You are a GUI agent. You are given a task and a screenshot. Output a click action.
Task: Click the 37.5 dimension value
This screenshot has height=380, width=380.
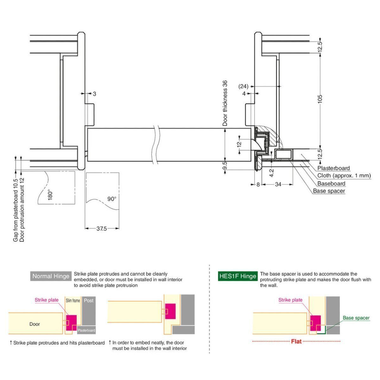click(102, 229)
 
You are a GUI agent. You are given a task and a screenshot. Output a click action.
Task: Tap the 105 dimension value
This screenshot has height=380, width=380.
click(320, 98)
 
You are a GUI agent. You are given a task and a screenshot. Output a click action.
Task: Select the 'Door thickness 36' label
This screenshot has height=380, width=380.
click(225, 103)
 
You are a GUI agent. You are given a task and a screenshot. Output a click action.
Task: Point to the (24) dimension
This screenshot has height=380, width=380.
click(243, 86)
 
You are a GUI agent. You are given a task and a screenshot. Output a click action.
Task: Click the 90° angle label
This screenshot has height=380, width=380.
click(111, 199)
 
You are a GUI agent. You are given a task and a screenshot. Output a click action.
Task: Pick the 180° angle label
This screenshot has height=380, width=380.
click(49, 195)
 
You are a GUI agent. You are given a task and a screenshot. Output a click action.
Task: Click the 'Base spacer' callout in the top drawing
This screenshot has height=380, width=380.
click(329, 191)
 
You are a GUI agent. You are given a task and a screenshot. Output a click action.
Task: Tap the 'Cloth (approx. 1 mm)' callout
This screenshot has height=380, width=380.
click(344, 176)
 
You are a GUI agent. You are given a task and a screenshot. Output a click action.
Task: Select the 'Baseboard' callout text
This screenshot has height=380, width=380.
click(331, 183)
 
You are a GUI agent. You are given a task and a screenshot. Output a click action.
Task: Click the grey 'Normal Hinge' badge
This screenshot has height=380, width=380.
click(51, 276)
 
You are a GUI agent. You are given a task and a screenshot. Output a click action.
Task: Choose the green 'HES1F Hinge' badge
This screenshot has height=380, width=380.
click(237, 276)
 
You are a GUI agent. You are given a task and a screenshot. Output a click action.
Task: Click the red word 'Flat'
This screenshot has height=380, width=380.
click(296, 341)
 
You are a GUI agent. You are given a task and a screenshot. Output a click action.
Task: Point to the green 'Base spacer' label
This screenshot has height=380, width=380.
click(356, 318)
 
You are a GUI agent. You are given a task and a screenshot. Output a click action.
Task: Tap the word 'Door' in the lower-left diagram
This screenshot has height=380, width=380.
click(35, 324)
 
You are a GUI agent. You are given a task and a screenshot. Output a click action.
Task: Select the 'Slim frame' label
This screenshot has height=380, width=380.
click(73, 301)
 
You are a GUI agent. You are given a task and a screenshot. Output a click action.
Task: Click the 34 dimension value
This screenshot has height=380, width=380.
click(278, 184)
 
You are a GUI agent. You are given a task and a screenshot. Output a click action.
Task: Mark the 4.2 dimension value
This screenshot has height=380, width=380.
click(271, 173)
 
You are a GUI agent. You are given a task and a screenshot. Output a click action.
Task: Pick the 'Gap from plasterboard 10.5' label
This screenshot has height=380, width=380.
click(16, 210)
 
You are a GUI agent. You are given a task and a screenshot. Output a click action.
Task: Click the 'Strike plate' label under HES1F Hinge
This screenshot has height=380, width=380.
click(290, 300)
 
